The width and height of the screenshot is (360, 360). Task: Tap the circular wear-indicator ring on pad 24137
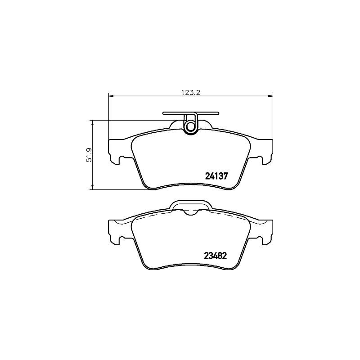[x=191, y=127]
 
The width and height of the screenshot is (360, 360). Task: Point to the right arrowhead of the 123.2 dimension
[x=270, y=95]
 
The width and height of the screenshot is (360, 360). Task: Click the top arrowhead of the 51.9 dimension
[x=93, y=123]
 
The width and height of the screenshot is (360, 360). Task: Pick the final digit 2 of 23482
[x=224, y=255]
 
